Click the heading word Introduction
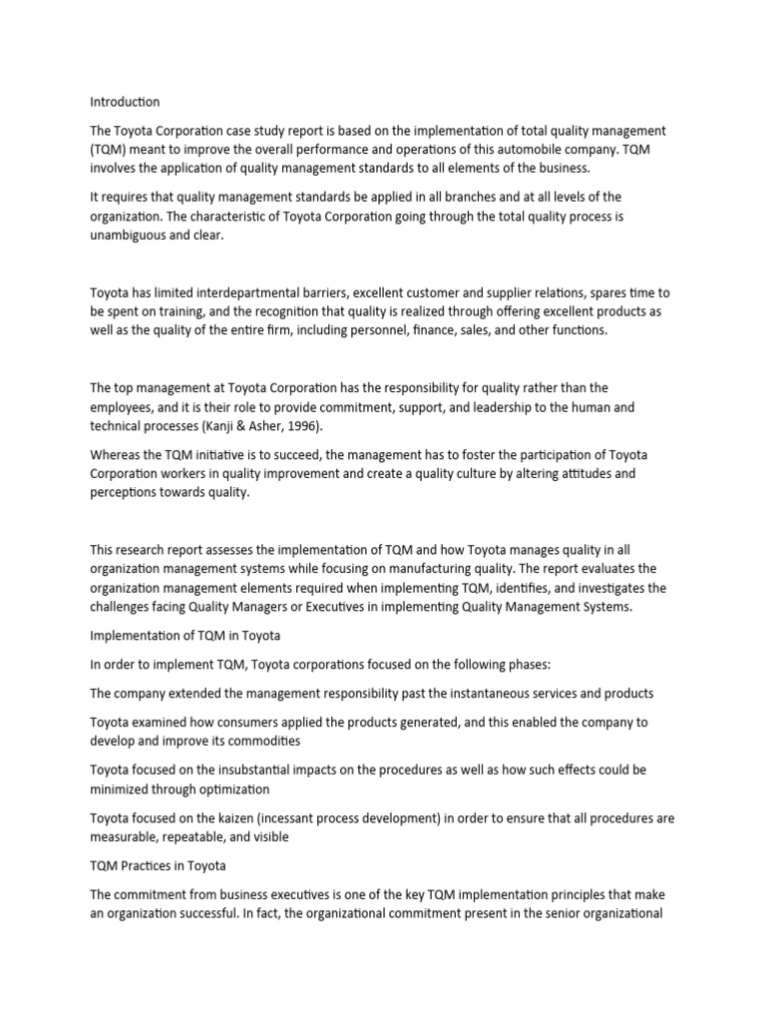[x=125, y=102]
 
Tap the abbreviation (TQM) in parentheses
[x=113, y=149]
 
